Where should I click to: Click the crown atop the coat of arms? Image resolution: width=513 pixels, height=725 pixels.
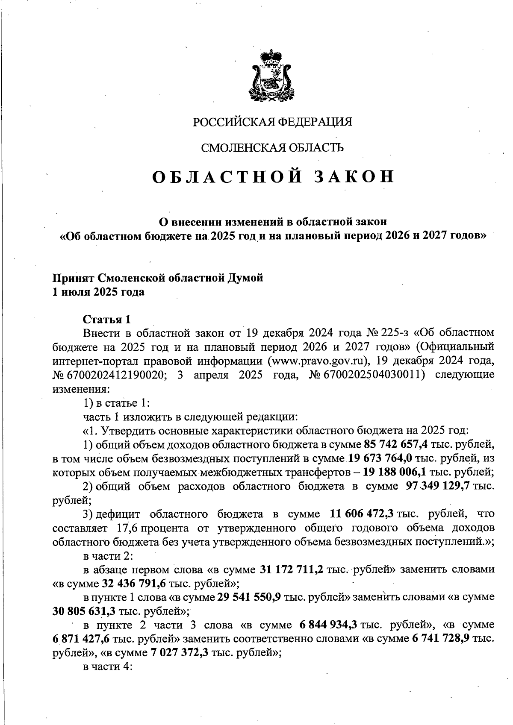click(270, 57)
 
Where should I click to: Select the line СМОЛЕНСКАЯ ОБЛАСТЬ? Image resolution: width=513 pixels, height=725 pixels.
click(272, 148)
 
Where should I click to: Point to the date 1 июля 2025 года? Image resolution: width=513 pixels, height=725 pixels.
click(98, 292)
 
